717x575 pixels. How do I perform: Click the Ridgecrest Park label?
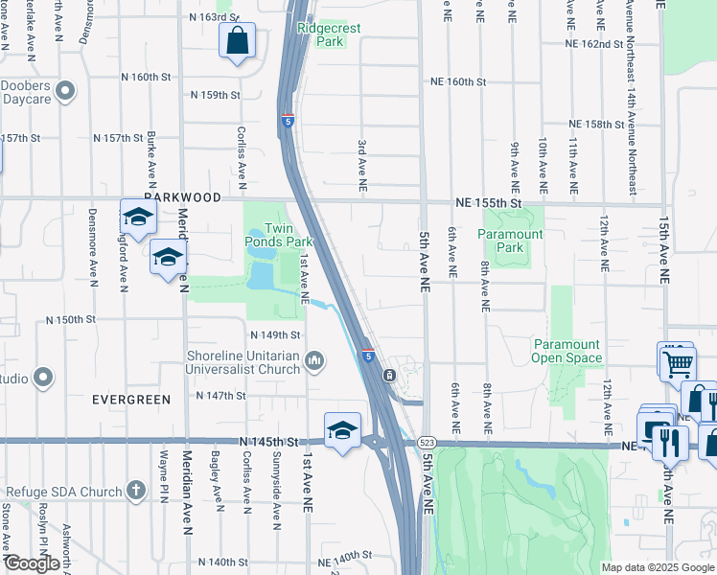point(329,34)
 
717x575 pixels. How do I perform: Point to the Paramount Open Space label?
point(567,351)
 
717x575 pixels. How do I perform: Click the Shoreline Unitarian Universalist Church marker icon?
point(315,360)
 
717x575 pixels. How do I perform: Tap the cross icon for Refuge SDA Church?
point(136,492)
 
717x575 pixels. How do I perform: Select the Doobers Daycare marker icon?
point(65,91)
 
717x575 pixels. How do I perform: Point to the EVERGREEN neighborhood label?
point(130,399)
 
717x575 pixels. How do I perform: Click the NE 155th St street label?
point(487,204)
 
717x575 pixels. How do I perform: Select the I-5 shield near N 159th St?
point(288,121)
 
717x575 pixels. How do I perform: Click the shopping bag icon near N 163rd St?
point(237,41)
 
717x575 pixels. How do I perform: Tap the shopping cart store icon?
point(677,361)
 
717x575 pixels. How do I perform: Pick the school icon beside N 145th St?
point(342,429)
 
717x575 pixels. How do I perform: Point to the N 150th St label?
point(72,319)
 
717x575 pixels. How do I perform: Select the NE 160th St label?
point(458,82)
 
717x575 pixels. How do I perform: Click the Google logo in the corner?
point(32,563)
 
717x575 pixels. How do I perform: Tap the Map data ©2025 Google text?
point(658,567)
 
